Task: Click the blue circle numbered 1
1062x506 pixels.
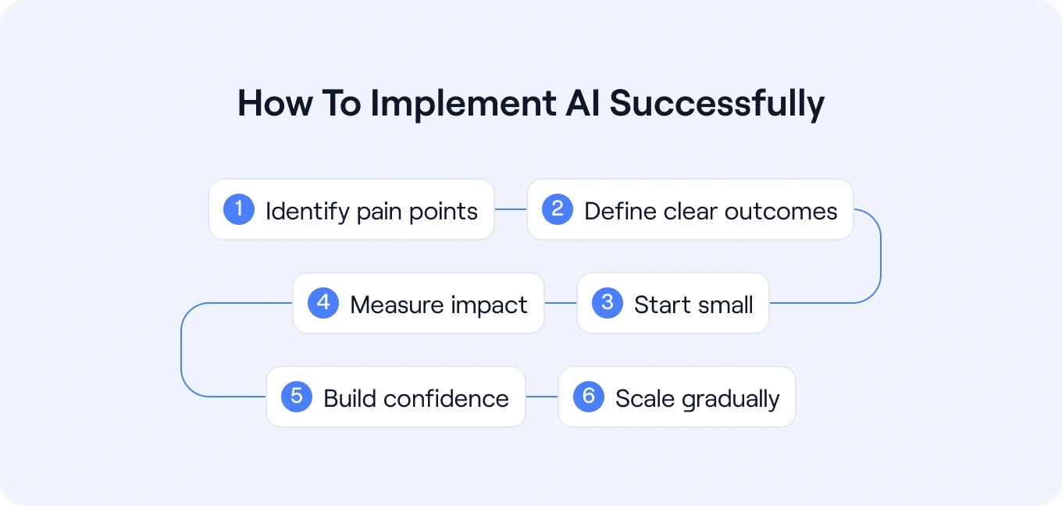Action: (x=239, y=209)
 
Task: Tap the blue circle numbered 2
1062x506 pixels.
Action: (x=558, y=209)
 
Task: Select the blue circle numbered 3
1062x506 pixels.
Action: (x=608, y=303)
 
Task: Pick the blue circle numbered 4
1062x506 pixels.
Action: (x=323, y=303)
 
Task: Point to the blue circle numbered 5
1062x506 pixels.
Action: (x=297, y=397)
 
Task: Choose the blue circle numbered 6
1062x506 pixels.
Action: (x=589, y=397)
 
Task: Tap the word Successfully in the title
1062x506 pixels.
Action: (x=717, y=105)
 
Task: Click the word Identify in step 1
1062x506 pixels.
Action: (x=307, y=211)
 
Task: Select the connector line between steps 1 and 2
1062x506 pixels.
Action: (x=511, y=209)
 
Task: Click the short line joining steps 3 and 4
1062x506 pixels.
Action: (x=560, y=303)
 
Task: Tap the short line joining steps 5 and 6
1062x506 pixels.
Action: (x=542, y=397)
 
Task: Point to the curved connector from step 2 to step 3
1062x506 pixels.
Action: (x=880, y=256)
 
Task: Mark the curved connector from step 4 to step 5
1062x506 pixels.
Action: (x=181, y=350)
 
